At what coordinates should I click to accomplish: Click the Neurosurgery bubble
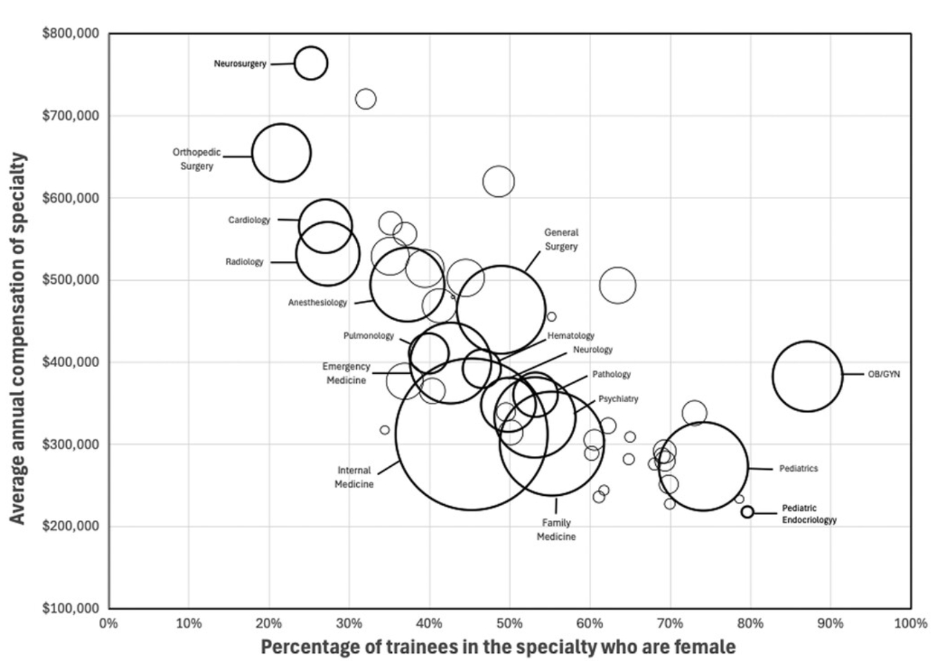pos(311,63)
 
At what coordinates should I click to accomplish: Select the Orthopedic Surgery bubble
pos(281,153)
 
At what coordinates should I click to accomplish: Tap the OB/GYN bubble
pos(807,376)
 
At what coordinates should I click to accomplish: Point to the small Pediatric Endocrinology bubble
pos(747,512)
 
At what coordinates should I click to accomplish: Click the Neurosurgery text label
pos(240,64)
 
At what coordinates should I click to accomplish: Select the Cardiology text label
pos(249,220)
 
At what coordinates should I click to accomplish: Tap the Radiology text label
pos(245,262)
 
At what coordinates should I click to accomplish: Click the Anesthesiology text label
pos(318,302)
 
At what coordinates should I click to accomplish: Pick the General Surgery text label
pos(561,240)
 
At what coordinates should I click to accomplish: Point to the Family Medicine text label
pos(556,530)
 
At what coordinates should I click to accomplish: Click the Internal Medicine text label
pos(354,477)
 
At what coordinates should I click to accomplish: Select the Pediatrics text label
pos(798,468)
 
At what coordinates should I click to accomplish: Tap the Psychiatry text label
pos(618,399)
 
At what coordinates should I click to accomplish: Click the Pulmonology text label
pos(369,336)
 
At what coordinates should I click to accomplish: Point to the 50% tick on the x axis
pos(510,623)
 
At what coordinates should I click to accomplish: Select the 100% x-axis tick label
pos(910,623)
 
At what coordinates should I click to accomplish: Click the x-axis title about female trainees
pos(497,647)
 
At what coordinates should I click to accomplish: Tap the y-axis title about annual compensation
pos(18,337)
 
